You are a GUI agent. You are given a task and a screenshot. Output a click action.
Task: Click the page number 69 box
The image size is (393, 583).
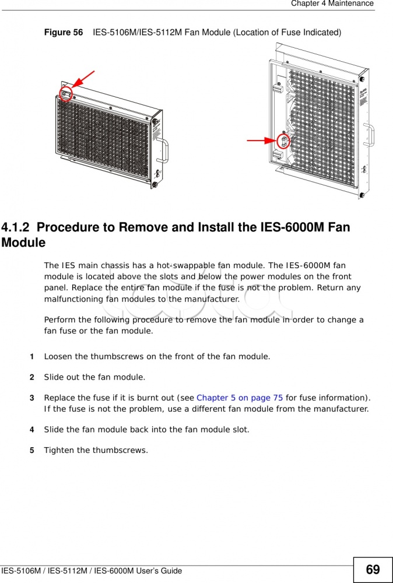(373, 570)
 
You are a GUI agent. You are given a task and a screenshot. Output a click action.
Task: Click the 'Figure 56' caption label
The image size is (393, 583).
(64, 33)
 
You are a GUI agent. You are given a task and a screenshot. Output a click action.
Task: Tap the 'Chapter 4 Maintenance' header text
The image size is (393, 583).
(332, 3)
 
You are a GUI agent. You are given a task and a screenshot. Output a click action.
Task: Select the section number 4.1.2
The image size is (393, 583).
(16, 227)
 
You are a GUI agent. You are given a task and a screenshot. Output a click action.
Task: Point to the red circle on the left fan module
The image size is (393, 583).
(66, 93)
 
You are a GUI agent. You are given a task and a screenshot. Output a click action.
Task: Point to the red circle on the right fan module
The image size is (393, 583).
(283, 141)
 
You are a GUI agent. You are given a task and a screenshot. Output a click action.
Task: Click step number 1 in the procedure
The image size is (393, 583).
(31, 356)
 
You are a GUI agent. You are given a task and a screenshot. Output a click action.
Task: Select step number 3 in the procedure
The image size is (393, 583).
(31, 398)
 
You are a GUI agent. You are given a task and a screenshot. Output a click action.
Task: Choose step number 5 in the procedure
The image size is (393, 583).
(31, 451)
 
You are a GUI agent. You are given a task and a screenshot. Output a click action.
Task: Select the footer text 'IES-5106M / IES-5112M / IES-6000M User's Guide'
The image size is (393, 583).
(92, 571)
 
